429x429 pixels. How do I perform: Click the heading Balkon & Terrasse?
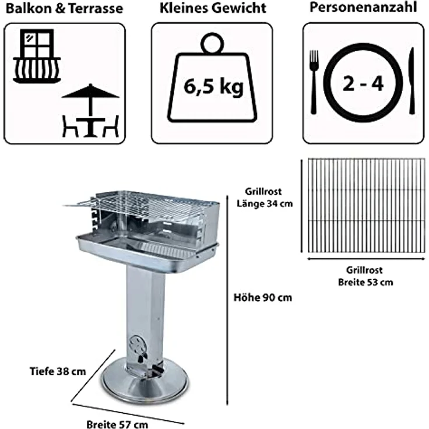pyautogui.click(x=64, y=9)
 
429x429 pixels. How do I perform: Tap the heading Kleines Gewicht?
pyautogui.click(x=213, y=8)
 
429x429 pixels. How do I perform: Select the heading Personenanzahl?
pyautogui.click(x=363, y=8)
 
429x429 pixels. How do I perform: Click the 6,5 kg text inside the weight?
pyautogui.click(x=213, y=87)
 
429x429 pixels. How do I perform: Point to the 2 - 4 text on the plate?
pyautogui.click(x=363, y=83)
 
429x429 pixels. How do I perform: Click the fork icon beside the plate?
pyautogui.click(x=314, y=82)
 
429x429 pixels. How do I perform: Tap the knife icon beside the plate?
pyautogui.click(x=412, y=81)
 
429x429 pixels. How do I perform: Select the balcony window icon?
pyautogui.click(x=37, y=56)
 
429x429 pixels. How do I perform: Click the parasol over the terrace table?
pyautogui.click(x=90, y=101)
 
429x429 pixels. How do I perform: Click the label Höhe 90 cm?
pyautogui.click(x=263, y=297)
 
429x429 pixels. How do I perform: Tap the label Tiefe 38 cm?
pyautogui.click(x=58, y=371)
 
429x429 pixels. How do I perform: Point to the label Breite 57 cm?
pyautogui.click(x=117, y=424)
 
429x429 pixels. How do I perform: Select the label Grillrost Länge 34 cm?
pyautogui.click(x=264, y=198)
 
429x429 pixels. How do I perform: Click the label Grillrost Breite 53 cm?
pyautogui.click(x=365, y=276)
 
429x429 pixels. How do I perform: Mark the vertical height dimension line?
pyautogui.click(x=227, y=300)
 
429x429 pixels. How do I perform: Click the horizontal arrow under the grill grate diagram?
pyautogui.click(x=366, y=259)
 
